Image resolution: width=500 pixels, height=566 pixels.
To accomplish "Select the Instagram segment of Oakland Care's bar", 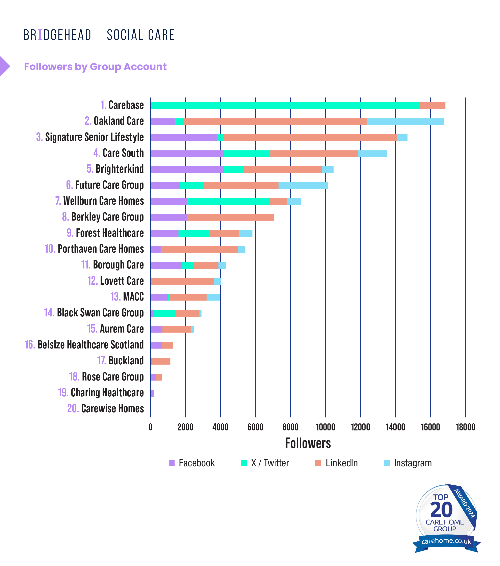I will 405,122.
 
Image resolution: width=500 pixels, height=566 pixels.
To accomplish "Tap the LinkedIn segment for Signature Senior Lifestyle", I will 310,138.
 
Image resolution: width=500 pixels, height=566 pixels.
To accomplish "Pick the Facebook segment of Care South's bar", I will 187,154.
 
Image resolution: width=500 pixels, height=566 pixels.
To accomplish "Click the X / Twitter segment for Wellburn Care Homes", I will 228,202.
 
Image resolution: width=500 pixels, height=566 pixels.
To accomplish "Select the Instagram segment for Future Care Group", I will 303,186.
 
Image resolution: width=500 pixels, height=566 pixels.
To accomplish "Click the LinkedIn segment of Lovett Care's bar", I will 183,282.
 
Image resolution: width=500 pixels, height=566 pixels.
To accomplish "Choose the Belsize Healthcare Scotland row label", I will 84,345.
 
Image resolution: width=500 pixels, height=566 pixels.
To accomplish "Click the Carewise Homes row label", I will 106,409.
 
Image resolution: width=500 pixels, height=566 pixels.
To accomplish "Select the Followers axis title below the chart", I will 308,443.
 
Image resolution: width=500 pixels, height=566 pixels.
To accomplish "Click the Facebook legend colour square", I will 172,463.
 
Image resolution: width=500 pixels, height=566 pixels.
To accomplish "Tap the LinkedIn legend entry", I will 337,463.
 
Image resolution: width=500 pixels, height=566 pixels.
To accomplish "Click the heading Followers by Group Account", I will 95,67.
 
